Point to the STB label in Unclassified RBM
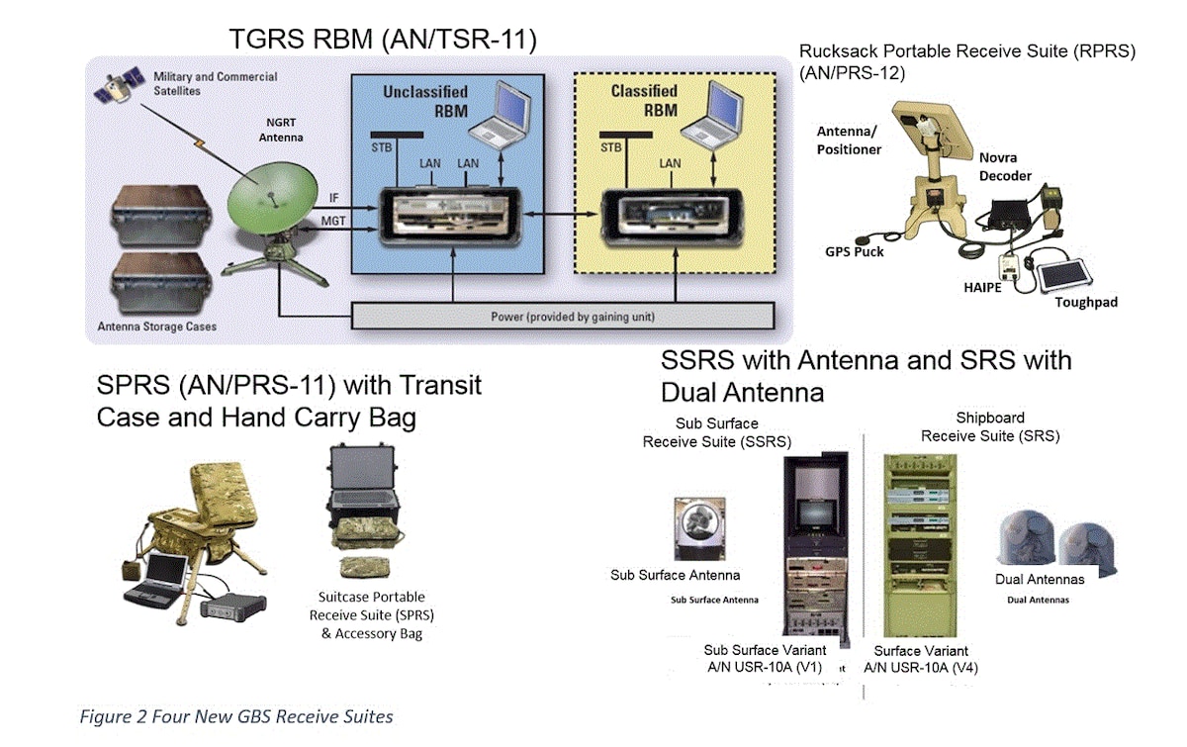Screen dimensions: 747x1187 380,147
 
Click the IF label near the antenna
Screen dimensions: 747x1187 334,196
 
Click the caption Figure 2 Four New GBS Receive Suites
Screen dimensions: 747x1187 236,716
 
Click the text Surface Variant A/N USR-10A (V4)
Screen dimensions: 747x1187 921,659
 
